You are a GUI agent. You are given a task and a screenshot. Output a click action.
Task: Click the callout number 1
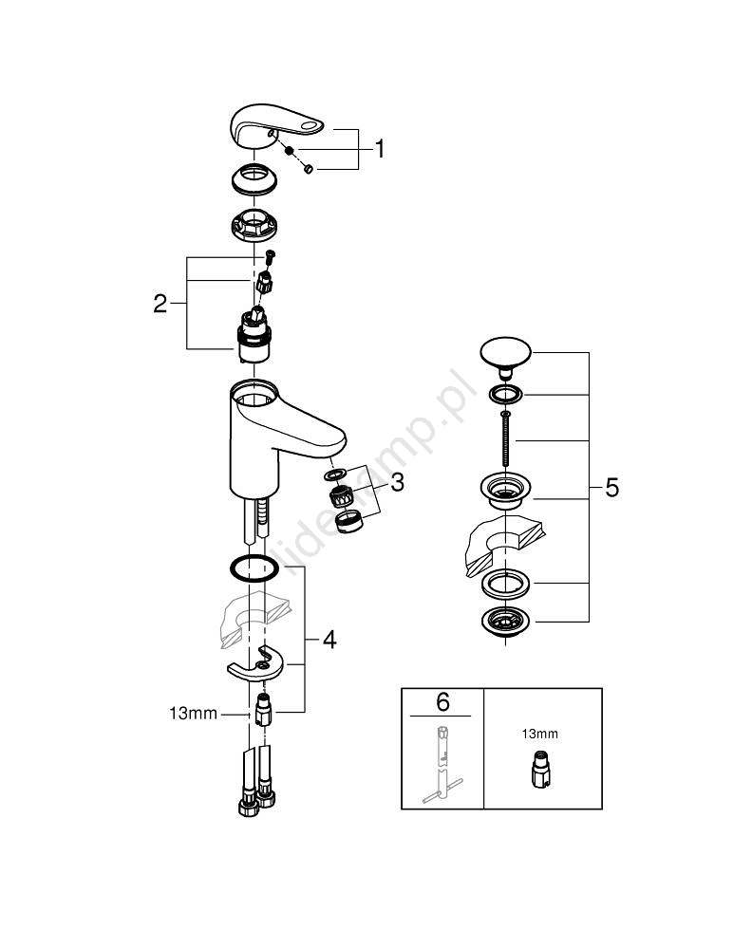pyautogui.click(x=380, y=149)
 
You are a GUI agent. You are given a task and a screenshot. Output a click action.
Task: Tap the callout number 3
pyautogui.click(x=397, y=483)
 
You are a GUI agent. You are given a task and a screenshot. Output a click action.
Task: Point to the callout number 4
pyautogui.click(x=329, y=640)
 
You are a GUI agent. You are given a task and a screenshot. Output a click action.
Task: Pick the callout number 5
pyautogui.click(x=611, y=488)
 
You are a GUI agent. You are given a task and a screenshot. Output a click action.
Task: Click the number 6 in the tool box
pyautogui.click(x=442, y=702)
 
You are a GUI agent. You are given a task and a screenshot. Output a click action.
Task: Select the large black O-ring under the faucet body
pyautogui.click(x=254, y=568)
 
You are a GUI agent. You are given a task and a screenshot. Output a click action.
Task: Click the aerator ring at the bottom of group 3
pyautogui.click(x=350, y=520)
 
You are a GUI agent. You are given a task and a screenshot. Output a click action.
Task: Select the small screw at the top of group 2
pyautogui.click(x=269, y=254)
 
